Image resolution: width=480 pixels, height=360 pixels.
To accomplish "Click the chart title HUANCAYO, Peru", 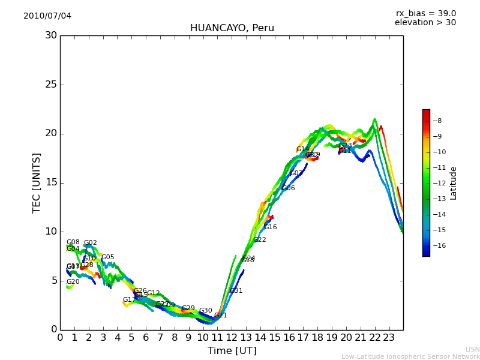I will pyautogui.click(x=232, y=28).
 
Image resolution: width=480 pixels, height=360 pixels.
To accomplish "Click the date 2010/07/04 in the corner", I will pyautogui.click(x=47, y=16).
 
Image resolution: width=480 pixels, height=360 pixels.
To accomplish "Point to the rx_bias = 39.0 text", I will pyautogui.click(x=425, y=13).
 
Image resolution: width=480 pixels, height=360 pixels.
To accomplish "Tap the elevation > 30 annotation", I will pyautogui.click(x=425, y=23).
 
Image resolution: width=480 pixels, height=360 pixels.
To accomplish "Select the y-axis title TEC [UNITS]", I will pyautogui.click(x=37, y=182).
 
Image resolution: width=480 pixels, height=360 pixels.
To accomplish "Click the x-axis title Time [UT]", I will pyautogui.click(x=232, y=351).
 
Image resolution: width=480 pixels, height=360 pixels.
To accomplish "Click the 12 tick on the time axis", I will pyautogui.click(x=232, y=338).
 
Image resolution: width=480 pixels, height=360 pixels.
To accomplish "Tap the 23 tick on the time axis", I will pyautogui.click(x=389, y=338).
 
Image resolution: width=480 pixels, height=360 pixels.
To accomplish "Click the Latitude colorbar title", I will pyautogui.click(x=454, y=183).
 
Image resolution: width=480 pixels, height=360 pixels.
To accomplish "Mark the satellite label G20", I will pyautogui.click(x=73, y=282).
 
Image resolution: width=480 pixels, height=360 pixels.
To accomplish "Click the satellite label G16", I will pyautogui.click(x=271, y=227).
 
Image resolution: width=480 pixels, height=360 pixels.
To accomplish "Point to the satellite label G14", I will pyautogui.click(x=302, y=149).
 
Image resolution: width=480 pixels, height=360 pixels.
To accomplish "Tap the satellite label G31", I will pyautogui.click(x=236, y=291).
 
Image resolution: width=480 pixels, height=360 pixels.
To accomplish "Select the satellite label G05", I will pyautogui.click(x=107, y=257).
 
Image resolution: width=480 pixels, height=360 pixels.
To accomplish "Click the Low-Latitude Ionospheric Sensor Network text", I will pyautogui.click(x=410, y=356).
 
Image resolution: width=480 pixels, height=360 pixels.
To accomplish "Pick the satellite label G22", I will pyautogui.click(x=259, y=240).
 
